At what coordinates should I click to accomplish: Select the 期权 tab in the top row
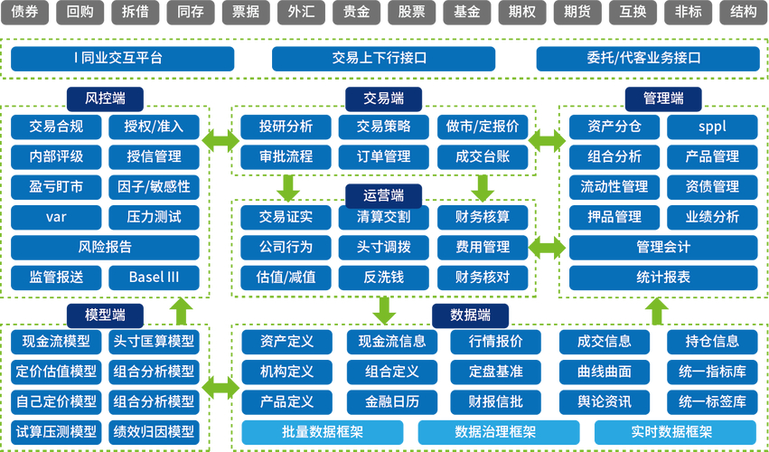pyautogui.click(x=521, y=13)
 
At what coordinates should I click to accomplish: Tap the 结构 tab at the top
pyautogui.click(x=743, y=13)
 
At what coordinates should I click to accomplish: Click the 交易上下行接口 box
pyautogui.click(x=379, y=59)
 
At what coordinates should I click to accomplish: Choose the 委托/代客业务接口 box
pyautogui.click(x=643, y=59)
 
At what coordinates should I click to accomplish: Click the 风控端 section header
pyautogui.click(x=106, y=98)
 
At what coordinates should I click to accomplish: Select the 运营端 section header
pyautogui.click(x=384, y=193)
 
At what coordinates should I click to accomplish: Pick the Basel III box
pyautogui.click(x=154, y=277)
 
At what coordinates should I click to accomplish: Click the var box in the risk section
pyautogui.click(x=56, y=217)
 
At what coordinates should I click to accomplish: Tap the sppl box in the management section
pyautogui.click(x=712, y=127)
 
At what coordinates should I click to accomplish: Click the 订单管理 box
pyautogui.click(x=384, y=156)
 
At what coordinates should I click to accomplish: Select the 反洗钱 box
pyautogui.click(x=384, y=277)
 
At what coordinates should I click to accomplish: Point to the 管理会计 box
pyautogui.click(x=663, y=247)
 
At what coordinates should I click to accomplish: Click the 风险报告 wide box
pyautogui.click(x=105, y=247)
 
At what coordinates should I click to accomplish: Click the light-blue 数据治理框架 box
pyautogui.click(x=495, y=433)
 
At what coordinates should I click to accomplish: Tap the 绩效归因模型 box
pyautogui.click(x=154, y=431)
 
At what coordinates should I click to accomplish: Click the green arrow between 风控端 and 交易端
pyautogui.click(x=220, y=141)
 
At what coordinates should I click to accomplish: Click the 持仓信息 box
pyautogui.click(x=712, y=341)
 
